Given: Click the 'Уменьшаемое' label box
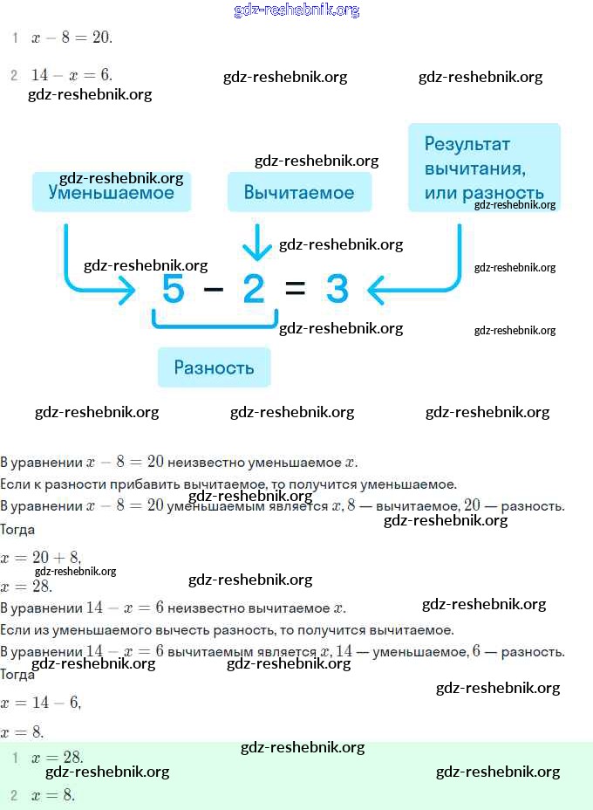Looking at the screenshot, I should (111, 192).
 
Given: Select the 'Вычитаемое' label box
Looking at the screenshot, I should (299, 192).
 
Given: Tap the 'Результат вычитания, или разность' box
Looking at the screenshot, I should (484, 168).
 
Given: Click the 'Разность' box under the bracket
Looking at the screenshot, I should (214, 367).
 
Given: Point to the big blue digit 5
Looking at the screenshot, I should (173, 289).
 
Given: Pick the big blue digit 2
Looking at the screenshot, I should (254, 289).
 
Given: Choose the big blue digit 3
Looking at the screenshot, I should (337, 289).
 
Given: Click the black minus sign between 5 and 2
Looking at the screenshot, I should (214, 289).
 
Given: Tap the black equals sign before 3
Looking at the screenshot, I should (296, 289).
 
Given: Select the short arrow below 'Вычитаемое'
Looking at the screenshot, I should (256, 243).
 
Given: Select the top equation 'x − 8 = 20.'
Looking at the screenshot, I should (72, 38).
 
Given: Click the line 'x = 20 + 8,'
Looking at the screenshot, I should (41, 558).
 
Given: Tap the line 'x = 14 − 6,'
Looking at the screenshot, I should (41, 702).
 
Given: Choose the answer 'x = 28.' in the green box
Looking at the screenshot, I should (57, 758).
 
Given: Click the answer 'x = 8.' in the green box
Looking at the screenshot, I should (53, 794).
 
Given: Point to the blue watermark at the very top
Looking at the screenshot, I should (296, 10).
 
